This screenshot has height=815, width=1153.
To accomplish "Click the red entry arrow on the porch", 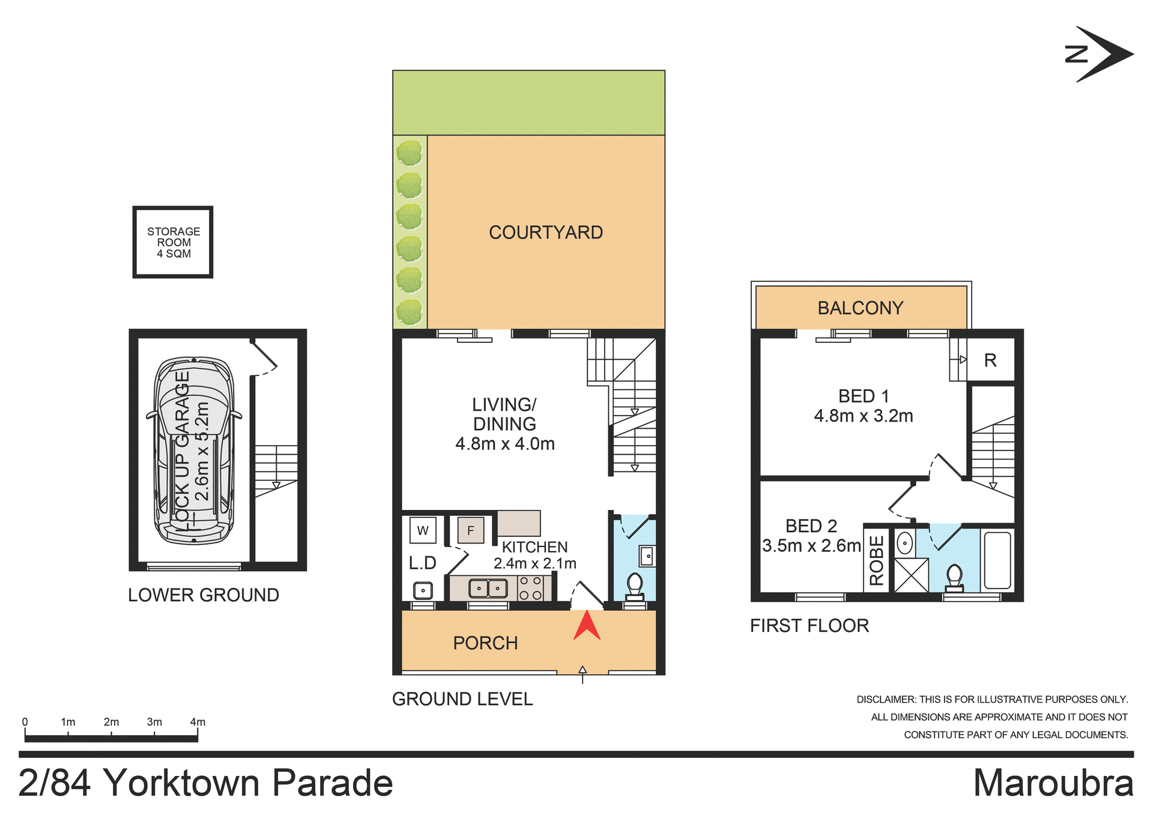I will tap(587, 626).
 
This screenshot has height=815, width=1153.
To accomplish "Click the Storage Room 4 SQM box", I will tap(173, 242).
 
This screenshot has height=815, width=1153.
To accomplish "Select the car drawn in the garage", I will tap(194, 450).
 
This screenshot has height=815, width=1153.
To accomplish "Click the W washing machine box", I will tap(423, 530).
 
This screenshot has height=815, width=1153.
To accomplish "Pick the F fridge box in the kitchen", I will tap(470, 530).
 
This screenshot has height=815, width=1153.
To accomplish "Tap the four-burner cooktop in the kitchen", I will tap(530, 588).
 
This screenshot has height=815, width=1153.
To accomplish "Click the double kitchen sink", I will tap(488, 588).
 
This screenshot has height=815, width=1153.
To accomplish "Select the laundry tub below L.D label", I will tap(423, 590).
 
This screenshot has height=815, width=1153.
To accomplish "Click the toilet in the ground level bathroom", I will tap(634, 586).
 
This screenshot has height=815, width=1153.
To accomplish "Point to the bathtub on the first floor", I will tap(997, 560).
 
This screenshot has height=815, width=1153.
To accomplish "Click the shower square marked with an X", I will tap(911, 575).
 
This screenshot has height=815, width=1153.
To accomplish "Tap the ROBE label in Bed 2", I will tap(876, 560).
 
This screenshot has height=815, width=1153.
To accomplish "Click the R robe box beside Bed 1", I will tap(990, 360).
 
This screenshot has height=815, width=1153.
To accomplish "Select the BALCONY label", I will tap(860, 308).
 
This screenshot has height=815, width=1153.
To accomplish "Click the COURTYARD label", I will tap(545, 232).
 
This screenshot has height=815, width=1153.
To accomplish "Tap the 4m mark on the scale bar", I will tap(198, 723).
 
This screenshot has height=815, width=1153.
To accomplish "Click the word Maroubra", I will tap(1053, 783).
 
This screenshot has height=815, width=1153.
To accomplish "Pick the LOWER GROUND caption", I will tap(203, 595).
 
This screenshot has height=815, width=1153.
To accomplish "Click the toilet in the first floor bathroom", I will tap(954, 577).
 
